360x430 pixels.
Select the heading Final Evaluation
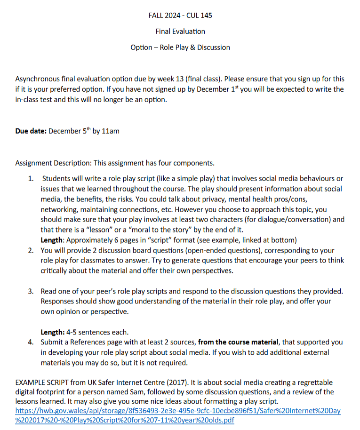click(x=180, y=32)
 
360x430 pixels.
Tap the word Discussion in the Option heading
click(x=214, y=48)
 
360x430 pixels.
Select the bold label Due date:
click(x=31, y=131)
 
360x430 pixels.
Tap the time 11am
click(x=111, y=131)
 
